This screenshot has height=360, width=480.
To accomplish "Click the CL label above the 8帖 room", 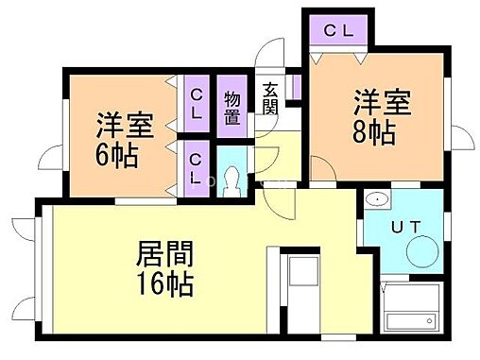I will (338, 30).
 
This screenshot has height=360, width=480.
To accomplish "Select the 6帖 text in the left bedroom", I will (117, 154).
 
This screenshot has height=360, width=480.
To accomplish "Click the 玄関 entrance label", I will (269, 98).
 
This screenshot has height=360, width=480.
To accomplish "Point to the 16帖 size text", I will (166, 283).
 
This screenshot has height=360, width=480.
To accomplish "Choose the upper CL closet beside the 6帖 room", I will (197, 103).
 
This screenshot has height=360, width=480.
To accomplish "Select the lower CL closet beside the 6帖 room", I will (197, 167).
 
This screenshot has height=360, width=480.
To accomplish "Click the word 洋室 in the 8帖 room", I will (383, 101).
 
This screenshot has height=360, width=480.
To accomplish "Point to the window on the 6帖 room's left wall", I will (63, 138).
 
